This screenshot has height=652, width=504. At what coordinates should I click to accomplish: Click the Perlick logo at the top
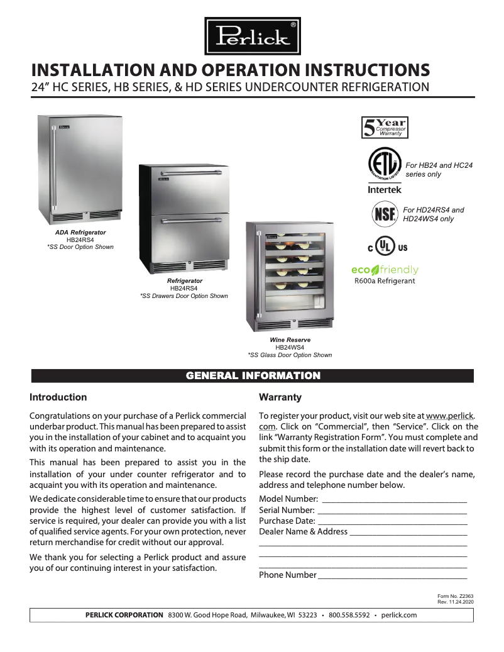coord(253,36)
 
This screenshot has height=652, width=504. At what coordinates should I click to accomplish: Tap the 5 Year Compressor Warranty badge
coord(385,128)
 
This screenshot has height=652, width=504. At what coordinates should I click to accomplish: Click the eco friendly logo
coord(385,270)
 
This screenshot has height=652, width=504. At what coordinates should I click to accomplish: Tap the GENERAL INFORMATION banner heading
coord(253,376)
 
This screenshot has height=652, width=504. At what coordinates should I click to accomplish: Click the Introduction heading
coord(58,397)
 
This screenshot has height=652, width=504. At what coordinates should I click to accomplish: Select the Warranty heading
coord(280,397)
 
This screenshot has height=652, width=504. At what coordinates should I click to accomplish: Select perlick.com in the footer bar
coord(399,615)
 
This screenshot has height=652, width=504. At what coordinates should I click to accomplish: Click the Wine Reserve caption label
coord(290,340)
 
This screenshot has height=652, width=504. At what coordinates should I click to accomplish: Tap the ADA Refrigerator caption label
coord(80,233)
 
